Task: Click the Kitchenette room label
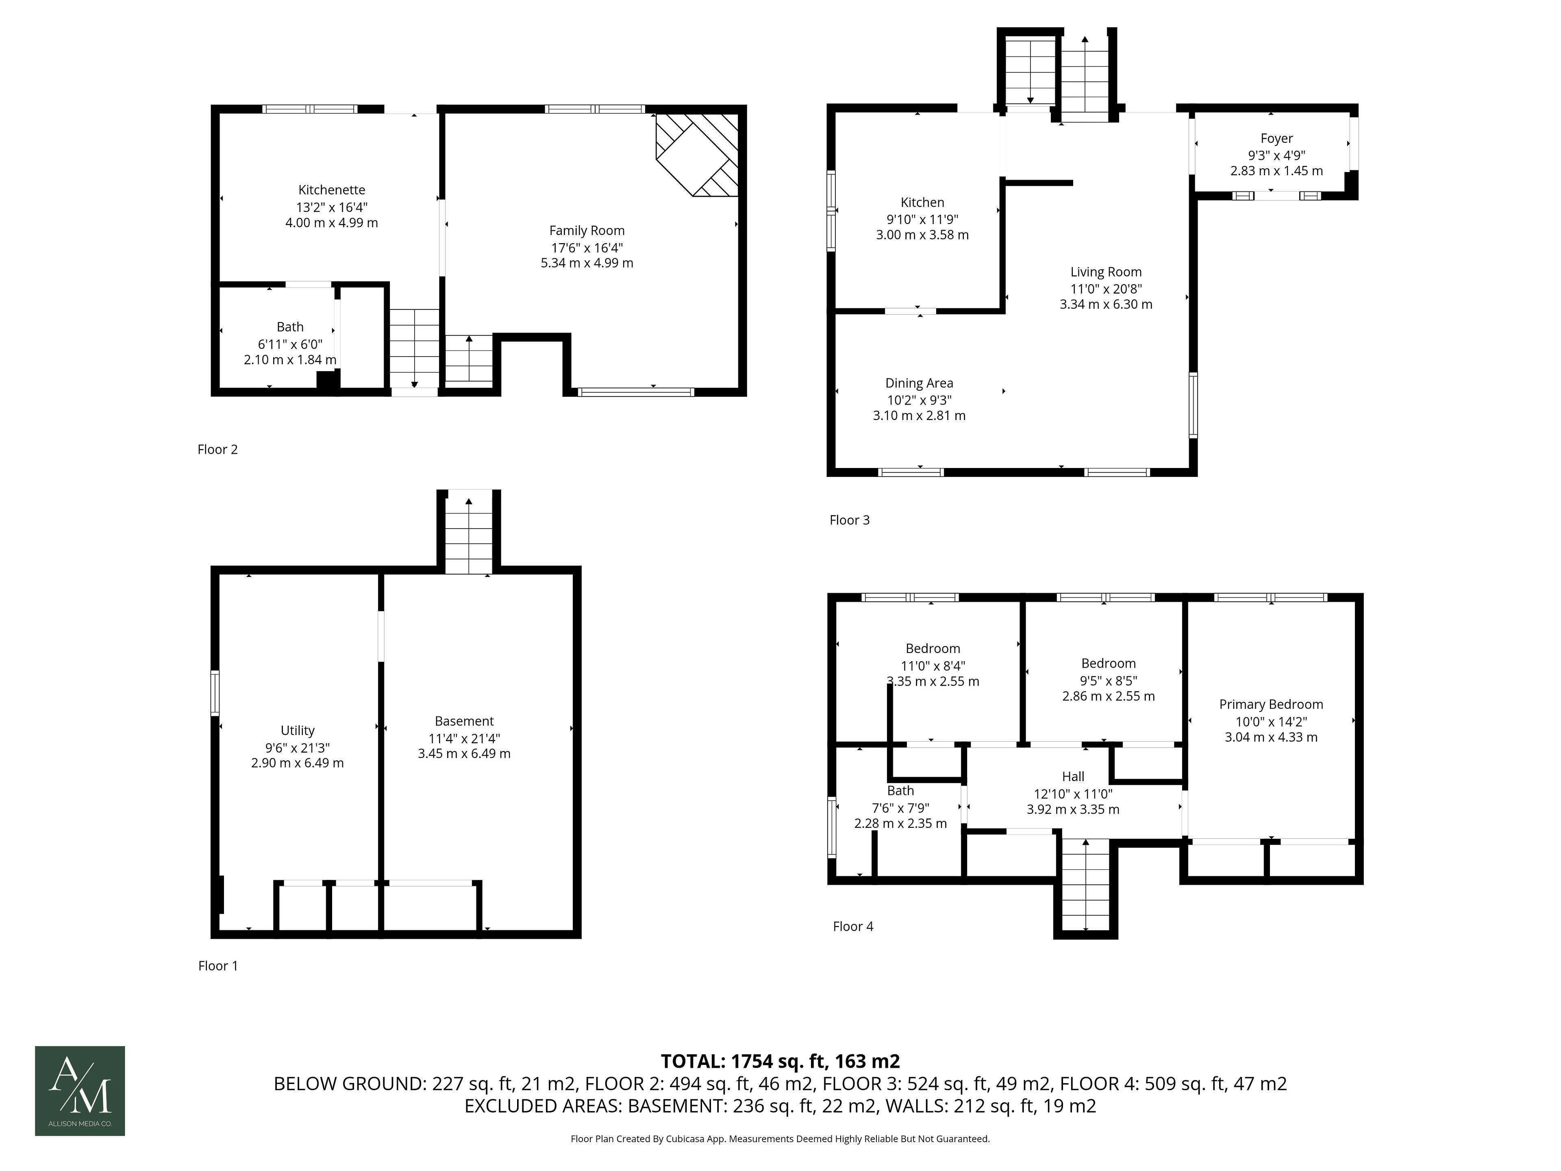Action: tap(332, 190)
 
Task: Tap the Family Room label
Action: tap(587, 231)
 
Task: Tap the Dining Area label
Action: tap(919, 383)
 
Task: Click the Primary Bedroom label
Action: tap(1271, 705)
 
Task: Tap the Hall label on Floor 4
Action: tap(1073, 777)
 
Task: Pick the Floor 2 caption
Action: tap(217, 450)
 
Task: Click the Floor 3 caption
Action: tap(850, 520)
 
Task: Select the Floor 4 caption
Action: tap(853, 927)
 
